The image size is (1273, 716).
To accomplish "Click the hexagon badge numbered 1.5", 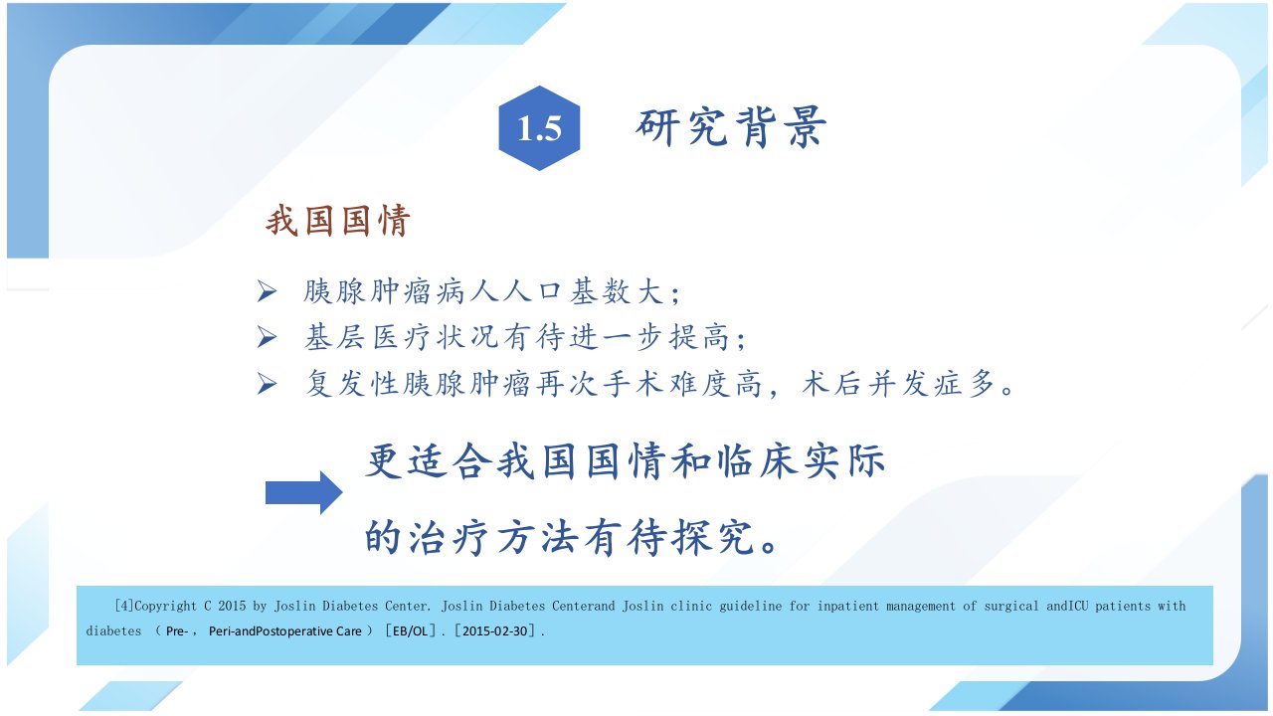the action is pos(539,128).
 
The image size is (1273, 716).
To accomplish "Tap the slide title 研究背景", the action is pos(731,127).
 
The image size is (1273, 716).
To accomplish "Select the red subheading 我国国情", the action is pos(338,221).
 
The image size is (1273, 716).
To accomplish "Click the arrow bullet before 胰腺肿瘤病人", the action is pos(267,291).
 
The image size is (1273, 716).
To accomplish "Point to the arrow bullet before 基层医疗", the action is pos(267,337).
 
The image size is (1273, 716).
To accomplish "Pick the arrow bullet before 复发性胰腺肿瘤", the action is pos(267,383).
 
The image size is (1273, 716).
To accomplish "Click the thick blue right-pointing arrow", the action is pos(304,492).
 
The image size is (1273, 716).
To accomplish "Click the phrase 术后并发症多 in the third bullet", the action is pos(898,383).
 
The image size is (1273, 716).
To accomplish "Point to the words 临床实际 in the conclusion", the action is pos(801,460).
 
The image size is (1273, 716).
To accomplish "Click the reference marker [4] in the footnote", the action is pos(124,606).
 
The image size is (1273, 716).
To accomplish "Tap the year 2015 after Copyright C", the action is pos(232,606).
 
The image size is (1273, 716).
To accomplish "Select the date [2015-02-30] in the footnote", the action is pos(494,630).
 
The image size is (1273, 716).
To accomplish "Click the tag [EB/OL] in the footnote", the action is pos(411,630).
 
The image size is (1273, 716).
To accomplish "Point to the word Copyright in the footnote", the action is pos(165,607).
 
